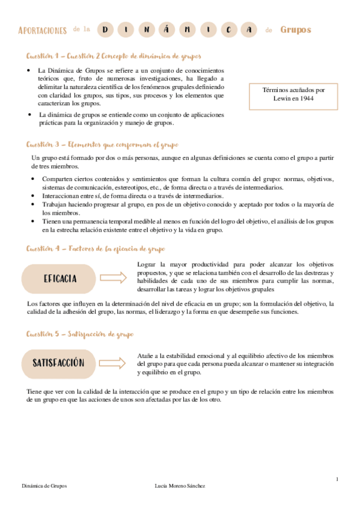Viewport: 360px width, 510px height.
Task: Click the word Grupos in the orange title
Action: (296, 29)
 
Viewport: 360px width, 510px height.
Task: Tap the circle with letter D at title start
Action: (106, 29)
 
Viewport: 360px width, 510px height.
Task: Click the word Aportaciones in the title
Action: (43, 30)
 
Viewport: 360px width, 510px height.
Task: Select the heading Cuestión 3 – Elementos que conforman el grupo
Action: (102, 145)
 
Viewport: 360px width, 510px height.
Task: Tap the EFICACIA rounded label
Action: (59, 278)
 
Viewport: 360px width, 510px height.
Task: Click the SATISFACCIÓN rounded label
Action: (59, 363)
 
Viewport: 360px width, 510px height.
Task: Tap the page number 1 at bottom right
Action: (337, 479)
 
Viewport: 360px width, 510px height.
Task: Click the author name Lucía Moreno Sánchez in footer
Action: (180, 486)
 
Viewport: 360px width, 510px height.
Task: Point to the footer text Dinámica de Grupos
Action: (44, 486)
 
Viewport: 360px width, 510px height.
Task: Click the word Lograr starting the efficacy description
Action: (147, 264)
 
